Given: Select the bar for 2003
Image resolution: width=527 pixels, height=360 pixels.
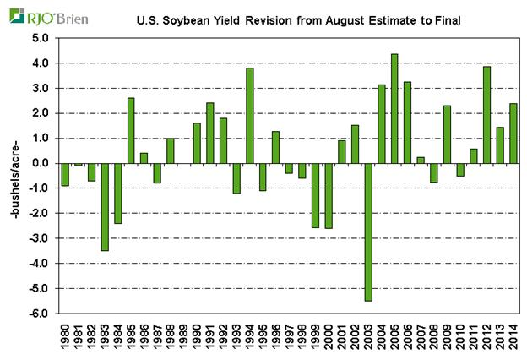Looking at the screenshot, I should point(368,232).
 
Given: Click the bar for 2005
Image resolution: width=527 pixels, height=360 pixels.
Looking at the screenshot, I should point(394,108).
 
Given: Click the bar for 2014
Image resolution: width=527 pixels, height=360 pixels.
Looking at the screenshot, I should point(513,133).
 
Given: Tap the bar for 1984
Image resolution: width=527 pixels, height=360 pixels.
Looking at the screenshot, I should point(118,193).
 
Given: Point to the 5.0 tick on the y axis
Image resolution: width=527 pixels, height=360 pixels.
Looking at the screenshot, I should point(39,38).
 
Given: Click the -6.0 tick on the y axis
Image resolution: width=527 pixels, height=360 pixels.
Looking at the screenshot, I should point(38,314).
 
